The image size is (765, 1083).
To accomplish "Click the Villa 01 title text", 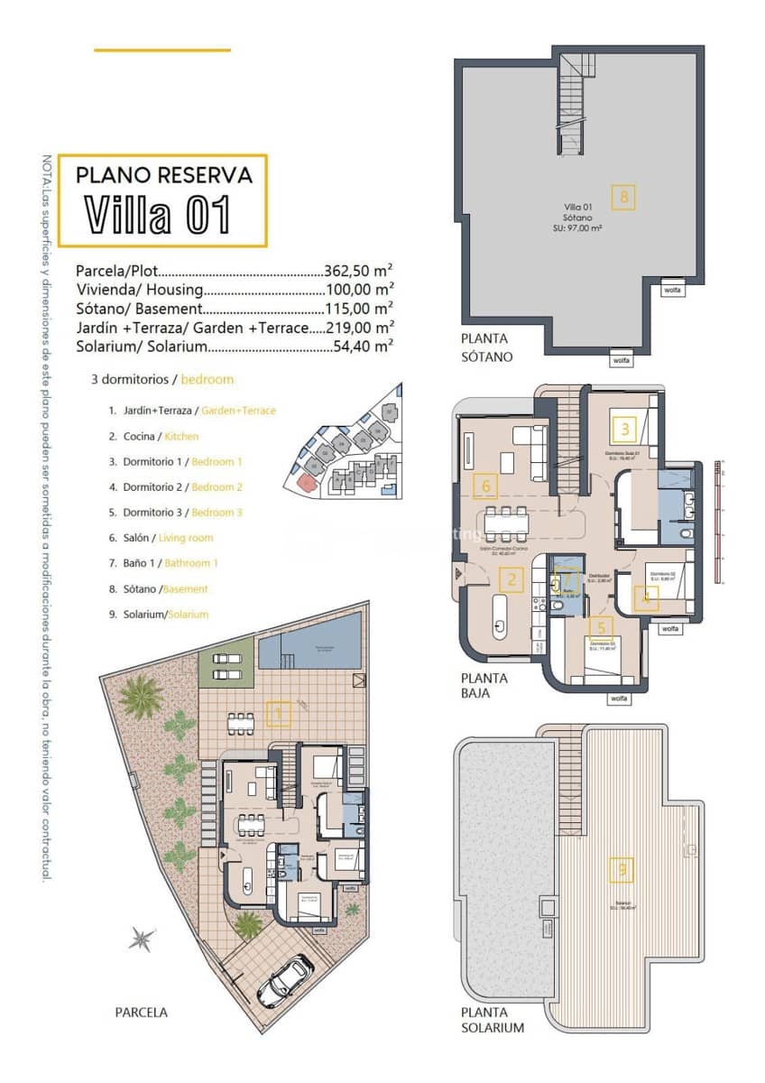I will click(x=159, y=215).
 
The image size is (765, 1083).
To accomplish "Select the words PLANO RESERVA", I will click(x=163, y=174).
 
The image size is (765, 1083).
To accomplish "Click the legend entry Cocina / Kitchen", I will click(x=153, y=436).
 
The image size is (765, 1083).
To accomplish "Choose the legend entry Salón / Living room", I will click(x=161, y=538).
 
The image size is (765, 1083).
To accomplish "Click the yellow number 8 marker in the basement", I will click(x=622, y=197).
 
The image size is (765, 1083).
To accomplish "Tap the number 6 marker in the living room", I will click(x=485, y=486).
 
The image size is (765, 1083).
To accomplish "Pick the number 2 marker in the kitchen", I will click(x=512, y=579).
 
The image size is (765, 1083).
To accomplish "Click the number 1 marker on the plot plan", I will click(x=280, y=715).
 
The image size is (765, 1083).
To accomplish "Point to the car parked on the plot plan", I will click(x=285, y=982).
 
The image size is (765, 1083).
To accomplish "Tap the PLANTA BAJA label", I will click(x=484, y=686).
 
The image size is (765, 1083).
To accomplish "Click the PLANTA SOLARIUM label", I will click(x=492, y=1020).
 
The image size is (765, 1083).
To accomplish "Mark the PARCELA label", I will click(x=141, y=1013).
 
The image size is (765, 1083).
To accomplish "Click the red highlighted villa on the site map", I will click(x=308, y=484).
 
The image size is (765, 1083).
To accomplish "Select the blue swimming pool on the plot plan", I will click(x=311, y=649).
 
